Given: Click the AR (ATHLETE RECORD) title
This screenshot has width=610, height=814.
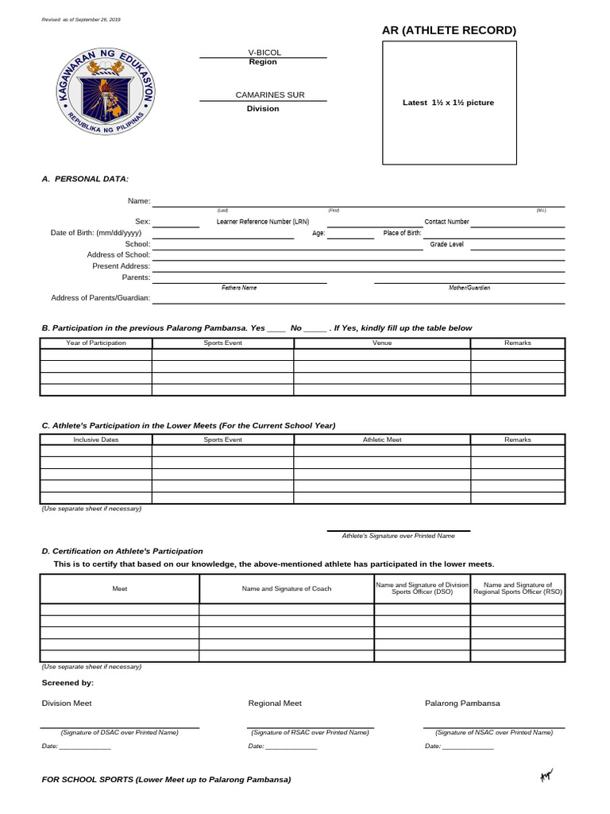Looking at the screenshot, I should tap(449, 30).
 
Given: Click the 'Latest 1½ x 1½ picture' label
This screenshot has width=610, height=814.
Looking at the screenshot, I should tap(448, 103).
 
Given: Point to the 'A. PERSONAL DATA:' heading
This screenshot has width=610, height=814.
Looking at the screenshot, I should tap(85, 179).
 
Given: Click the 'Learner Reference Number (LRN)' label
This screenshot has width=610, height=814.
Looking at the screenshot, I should tap(263, 222).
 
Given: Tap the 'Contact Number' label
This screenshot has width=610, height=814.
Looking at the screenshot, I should tap(446, 222).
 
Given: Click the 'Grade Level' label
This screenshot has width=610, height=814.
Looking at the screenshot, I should tap(446, 244).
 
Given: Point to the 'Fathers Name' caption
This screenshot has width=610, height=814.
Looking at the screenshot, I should tap(239, 288).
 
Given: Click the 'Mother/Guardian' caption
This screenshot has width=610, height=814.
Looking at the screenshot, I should tap(469, 288).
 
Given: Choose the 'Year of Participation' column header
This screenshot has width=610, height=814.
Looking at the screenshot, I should tap(96, 343).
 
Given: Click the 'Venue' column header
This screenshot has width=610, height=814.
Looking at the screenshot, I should tap(382, 343).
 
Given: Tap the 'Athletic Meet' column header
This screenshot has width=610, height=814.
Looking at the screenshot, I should tap(382, 440).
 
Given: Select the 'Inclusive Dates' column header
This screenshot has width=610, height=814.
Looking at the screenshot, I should tap(96, 440).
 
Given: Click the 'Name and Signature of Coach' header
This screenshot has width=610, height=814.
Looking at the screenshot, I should tap(287, 588).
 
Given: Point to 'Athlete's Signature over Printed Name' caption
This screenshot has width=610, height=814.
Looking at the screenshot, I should tap(398, 536).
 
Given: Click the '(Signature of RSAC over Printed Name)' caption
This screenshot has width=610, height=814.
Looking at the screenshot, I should tap(310, 732).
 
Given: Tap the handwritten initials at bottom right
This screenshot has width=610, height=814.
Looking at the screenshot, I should tap(546, 777).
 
